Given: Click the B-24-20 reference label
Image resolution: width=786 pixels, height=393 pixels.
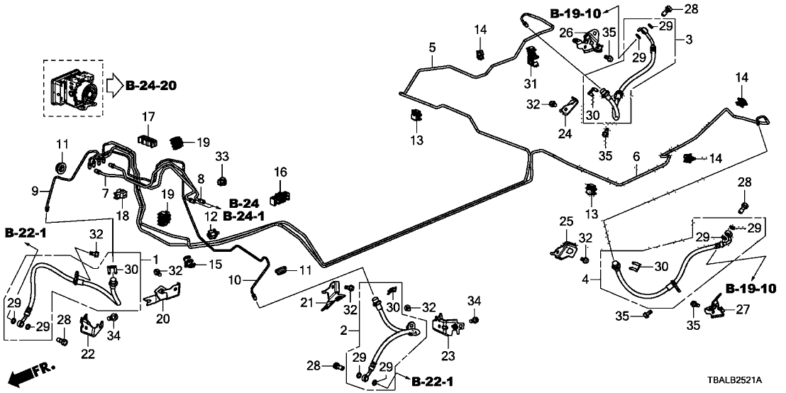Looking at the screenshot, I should tap(151, 87).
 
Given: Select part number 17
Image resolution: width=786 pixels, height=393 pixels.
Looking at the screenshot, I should tap(148, 116).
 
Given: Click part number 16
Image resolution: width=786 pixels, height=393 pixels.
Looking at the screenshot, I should tap(280, 172).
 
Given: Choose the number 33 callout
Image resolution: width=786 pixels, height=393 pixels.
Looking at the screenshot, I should tap(222, 156).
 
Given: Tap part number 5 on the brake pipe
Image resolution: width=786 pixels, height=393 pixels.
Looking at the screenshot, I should tap(431, 48).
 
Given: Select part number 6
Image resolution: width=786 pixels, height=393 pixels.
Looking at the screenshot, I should tap(636, 156).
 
